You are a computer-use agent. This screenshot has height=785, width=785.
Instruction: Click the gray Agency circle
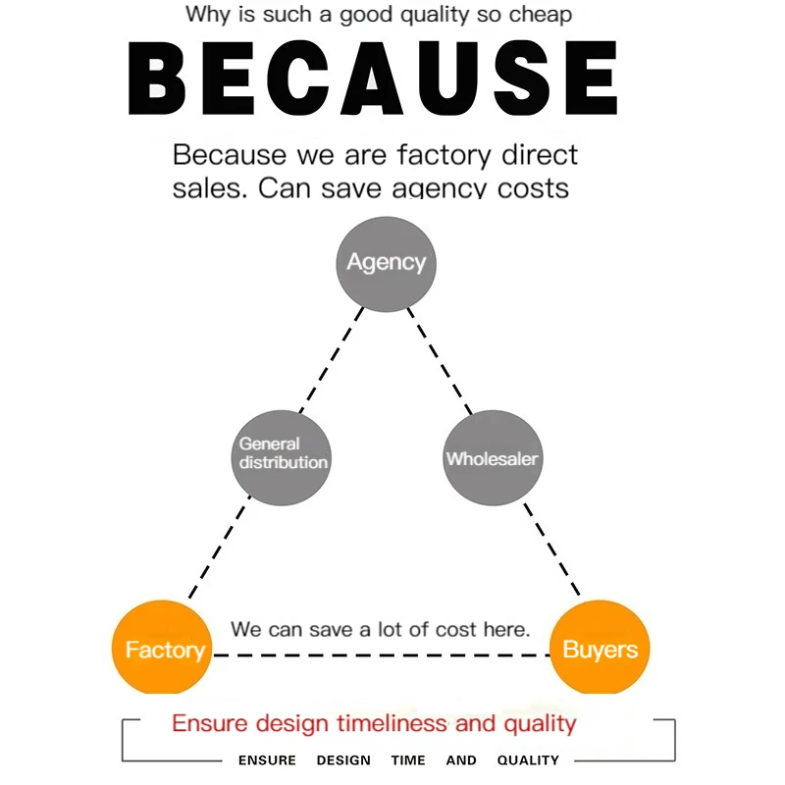tap(386, 263)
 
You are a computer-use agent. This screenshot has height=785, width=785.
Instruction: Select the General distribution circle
tap(281, 457)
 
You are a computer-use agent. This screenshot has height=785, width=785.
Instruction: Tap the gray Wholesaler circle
tap(493, 457)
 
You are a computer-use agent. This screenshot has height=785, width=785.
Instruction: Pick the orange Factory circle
tap(163, 648)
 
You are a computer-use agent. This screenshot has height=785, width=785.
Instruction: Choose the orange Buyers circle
tap(600, 648)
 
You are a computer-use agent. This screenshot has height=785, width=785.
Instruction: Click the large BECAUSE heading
tap(373, 78)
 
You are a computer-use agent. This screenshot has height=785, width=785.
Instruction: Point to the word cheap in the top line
tap(538, 16)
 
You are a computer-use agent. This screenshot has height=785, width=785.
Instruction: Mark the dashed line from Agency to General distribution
tap(334, 359)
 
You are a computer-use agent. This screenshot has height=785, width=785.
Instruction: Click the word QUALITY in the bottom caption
tap(528, 760)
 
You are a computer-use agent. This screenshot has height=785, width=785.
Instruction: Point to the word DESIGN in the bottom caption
tap(343, 760)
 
